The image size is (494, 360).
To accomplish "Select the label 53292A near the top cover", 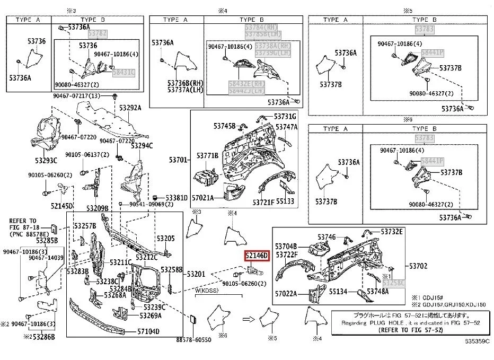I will coord(130,108).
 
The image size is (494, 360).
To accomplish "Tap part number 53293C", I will coord(47,161).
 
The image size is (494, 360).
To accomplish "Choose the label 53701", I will coord(179,160).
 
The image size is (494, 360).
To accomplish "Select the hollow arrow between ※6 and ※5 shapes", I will coord(248,319).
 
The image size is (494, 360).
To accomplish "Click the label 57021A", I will coord(202,198).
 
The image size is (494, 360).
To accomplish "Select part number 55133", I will coord(285,202).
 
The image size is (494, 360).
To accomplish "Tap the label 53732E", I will coord(393,232).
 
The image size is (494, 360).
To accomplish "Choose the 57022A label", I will coord(286,293).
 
